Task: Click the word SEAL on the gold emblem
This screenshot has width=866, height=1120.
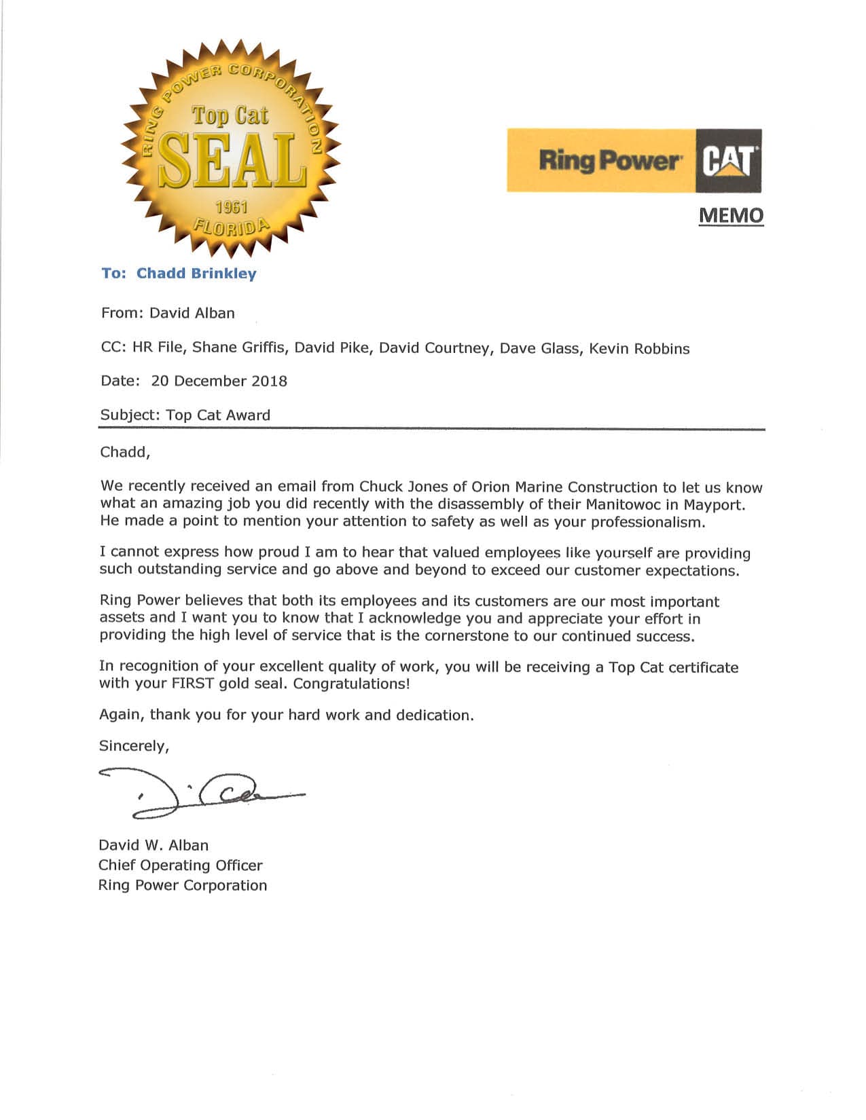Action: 231,162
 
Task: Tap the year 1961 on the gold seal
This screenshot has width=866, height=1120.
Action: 231,208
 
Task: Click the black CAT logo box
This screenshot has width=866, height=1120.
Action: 728,162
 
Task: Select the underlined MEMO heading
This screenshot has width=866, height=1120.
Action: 731,216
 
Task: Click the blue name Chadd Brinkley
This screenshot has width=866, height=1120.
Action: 196,274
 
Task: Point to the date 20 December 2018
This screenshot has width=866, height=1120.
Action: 219,381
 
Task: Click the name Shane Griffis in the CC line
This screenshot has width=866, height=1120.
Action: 238,348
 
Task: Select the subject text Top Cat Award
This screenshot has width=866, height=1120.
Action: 218,415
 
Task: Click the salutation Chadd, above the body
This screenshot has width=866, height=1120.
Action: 125,452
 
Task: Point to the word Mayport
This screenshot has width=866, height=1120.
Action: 713,504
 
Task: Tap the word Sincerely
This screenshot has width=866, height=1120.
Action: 133,746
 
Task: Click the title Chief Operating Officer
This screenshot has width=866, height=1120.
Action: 180,865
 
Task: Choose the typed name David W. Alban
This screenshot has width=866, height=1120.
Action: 154,845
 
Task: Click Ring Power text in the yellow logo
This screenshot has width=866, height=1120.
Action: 608,162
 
